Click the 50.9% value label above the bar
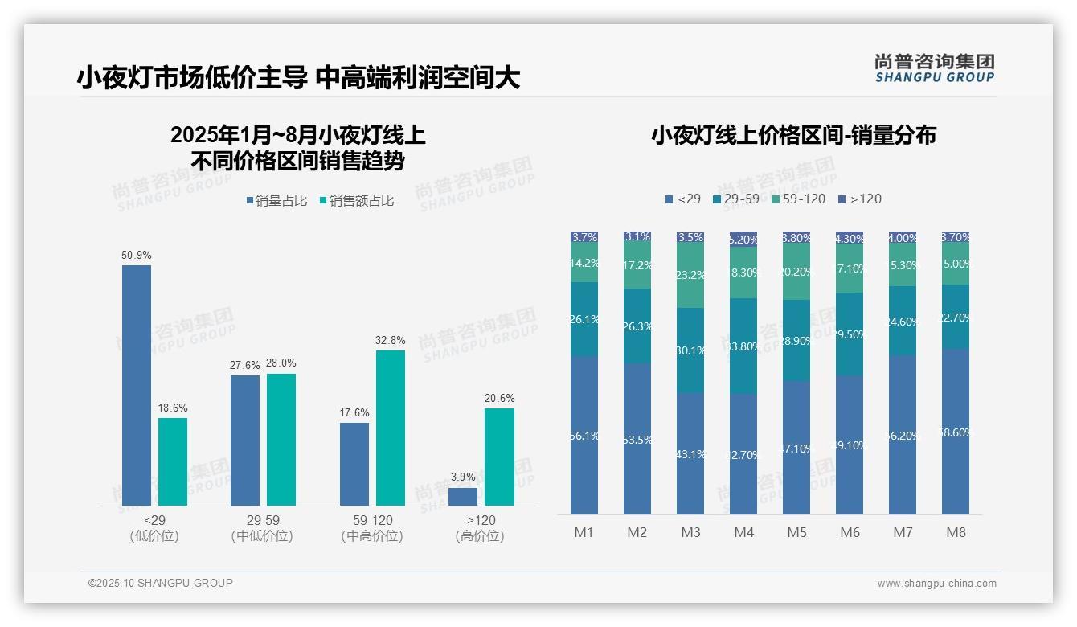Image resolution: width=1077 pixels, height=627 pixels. (x=137, y=255)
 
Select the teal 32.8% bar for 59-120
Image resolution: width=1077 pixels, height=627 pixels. (x=391, y=428)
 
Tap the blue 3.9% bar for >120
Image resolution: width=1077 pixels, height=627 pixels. (x=463, y=496)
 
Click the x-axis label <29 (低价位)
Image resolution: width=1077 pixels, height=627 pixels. (x=154, y=528)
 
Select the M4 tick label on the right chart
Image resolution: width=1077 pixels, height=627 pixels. (x=743, y=532)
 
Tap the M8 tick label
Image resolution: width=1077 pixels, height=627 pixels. (x=956, y=532)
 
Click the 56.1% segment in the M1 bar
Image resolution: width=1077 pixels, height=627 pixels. (x=584, y=435)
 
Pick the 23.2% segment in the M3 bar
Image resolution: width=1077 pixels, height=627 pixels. (x=690, y=275)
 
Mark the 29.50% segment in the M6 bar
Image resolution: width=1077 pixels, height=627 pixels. (x=850, y=334)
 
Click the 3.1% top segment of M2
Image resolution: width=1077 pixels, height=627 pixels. (x=637, y=236)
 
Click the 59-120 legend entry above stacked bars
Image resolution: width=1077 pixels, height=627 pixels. (x=798, y=199)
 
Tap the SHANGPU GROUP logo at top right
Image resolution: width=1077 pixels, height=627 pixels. (x=934, y=68)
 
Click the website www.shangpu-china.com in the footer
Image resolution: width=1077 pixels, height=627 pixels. (x=936, y=584)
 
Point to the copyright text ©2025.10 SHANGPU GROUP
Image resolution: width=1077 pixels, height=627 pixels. (x=161, y=583)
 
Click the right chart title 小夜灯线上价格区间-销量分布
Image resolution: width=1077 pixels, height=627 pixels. (x=793, y=135)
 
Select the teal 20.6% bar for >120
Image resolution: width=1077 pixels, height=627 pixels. (x=499, y=457)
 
